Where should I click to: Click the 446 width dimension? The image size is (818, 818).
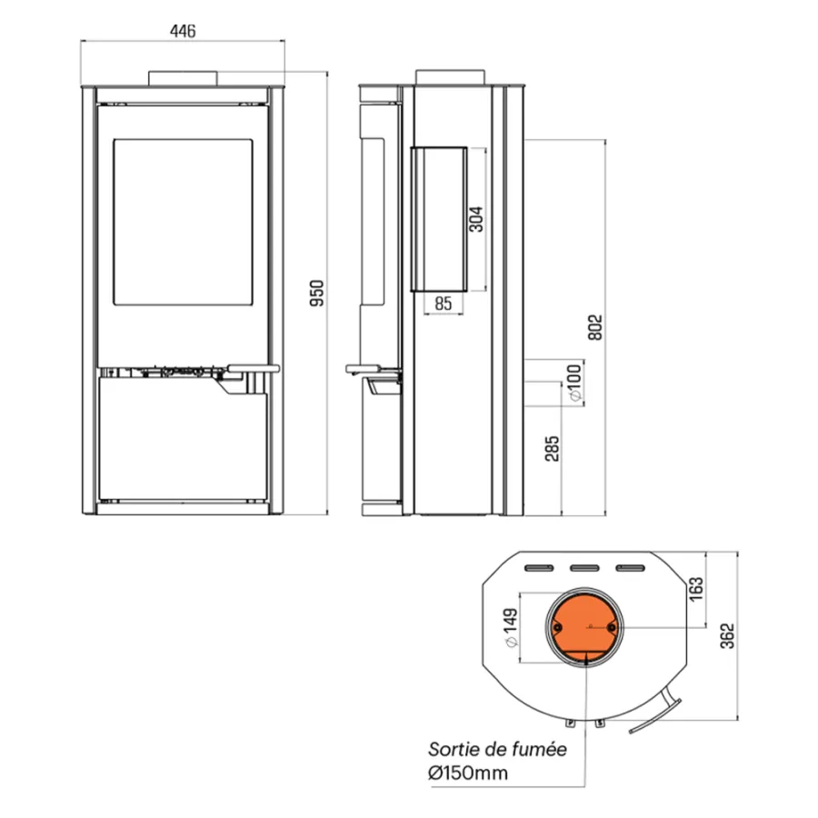[183, 31]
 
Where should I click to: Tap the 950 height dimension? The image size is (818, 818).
[316, 294]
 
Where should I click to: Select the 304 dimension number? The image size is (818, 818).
[475, 219]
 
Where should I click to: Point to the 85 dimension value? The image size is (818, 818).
[443, 303]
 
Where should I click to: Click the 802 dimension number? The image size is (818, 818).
[594, 327]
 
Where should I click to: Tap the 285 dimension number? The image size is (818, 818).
[552, 449]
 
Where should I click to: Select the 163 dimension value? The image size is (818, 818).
[695, 589]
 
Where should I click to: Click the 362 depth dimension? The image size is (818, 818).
[727, 636]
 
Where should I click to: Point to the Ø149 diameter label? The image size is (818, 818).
[511, 627]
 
